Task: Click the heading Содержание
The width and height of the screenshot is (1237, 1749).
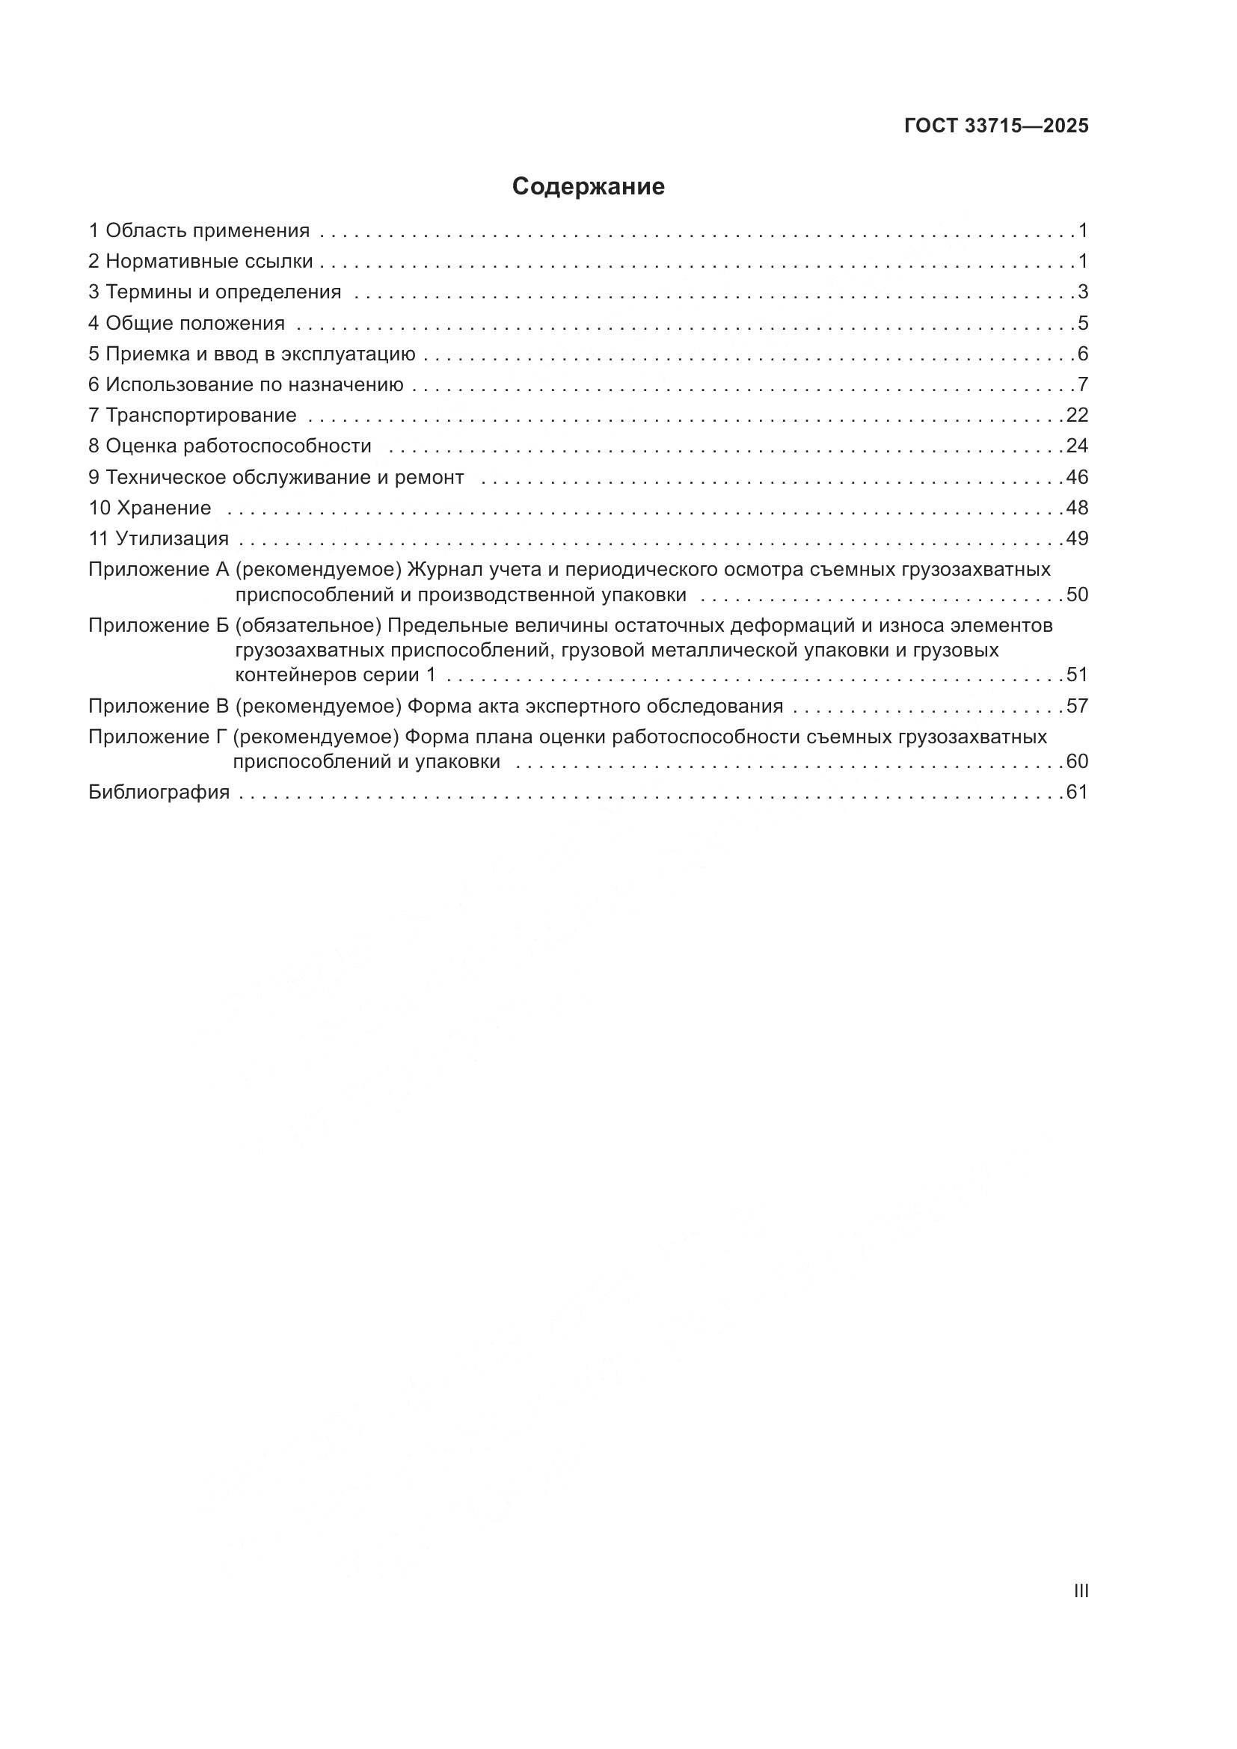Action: (588, 187)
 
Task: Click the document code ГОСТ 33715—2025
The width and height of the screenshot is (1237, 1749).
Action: (996, 126)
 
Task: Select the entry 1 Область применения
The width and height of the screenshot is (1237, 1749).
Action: (199, 230)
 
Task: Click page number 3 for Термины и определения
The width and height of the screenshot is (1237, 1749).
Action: (1082, 292)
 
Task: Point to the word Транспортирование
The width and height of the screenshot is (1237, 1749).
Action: (201, 415)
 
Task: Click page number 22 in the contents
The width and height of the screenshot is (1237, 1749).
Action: (1077, 415)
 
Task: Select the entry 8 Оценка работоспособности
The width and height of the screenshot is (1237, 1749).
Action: (230, 446)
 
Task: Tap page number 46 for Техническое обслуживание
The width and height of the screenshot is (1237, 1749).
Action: (1077, 477)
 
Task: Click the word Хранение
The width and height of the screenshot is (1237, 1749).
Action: (165, 507)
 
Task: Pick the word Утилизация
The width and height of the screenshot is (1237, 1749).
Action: (172, 538)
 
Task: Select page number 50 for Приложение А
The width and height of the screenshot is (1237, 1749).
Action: (1077, 594)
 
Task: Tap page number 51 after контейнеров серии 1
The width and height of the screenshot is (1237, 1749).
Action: (1077, 675)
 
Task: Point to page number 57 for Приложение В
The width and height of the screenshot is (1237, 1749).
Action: (1077, 706)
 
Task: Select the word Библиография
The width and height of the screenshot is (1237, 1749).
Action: (159, 792)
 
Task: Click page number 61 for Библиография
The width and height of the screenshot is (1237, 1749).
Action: (1077, 792)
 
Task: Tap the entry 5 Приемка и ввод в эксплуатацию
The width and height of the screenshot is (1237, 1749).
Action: (251, 354)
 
